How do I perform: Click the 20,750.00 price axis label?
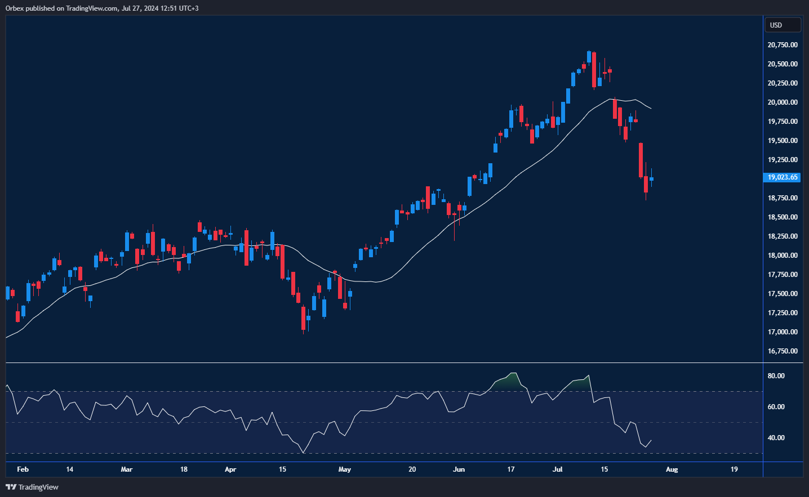[x=783, y=45]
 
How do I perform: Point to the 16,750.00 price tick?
[x=783, y=351]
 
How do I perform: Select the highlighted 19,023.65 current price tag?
[x=783, y=177]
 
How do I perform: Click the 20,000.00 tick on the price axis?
[x=783, y=102]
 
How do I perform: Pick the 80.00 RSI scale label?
[x=776, y=376]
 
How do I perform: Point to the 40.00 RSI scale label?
[x=776, y=438]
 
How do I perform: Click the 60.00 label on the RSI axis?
[x=776, y=407]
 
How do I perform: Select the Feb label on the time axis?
[x=23, y=469]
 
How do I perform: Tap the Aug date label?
[x=672, y=469]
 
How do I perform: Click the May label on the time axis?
[x=344, y=469]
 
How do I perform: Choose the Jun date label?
[x=459, y=469]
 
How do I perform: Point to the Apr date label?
[x=230, y=469]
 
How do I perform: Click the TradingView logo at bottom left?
[x=32, y=487]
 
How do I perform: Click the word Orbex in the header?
[x=15, y=8]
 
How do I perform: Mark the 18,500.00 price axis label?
[x=783, y=217]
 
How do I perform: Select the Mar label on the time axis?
[x=127, y=469]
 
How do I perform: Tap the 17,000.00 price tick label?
[x=783, y=332]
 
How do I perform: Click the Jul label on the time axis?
[x=557, y=469]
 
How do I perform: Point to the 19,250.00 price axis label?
[x=783, y=160]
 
